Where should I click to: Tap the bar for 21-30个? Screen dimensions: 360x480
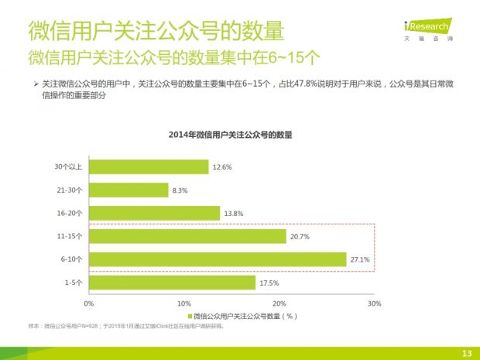(129, 190)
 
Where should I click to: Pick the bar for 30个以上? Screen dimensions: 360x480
(149, 166)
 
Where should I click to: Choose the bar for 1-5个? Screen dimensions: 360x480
(172, 283)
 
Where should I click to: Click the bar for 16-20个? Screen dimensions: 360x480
(154, 213)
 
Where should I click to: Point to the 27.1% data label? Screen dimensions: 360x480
(360, 259)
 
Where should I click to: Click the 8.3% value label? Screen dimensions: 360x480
(180, 190)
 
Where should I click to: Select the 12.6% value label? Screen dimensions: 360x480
(222, 166)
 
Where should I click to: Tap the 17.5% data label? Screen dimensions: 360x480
(269, 283)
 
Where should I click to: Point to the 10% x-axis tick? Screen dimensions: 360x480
(183, 303)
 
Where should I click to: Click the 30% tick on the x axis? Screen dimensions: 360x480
(374, 303)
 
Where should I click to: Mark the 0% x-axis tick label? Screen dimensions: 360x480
(89, 303)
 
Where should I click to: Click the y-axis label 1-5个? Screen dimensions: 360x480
(74, 283)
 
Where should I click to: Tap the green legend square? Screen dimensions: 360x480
(190, 316)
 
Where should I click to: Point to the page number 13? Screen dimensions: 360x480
(466, 353)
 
